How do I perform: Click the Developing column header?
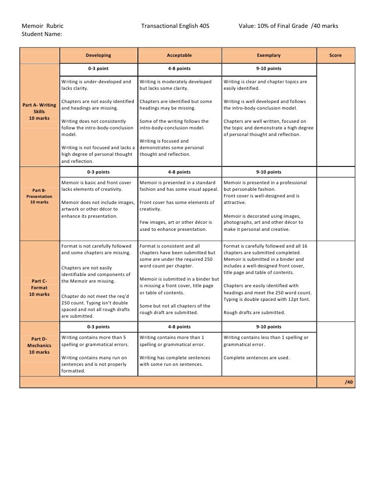[98, 55]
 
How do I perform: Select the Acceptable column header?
[179, 55]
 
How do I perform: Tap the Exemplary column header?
[268, 55]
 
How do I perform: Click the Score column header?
[335, 55]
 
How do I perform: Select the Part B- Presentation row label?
[40, 196]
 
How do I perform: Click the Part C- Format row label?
[40, 287]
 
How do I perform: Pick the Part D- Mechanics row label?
[40, 345]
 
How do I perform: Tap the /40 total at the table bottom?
[349, 382]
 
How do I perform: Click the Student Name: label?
[42, 35]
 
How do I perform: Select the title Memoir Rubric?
[43, 25]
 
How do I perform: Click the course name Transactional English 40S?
[175, 25]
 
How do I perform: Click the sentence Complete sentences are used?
[256, 358]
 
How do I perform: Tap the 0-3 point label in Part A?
[98, 68]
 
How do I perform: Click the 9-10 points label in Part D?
[268, 327]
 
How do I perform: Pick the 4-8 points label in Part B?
[179, 172]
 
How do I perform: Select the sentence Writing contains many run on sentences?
[94, 361]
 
